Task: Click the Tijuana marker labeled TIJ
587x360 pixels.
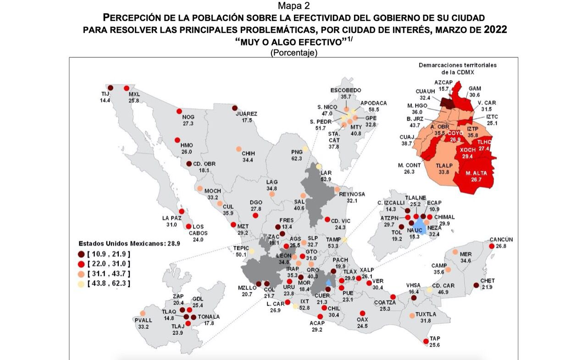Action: tap(110, 88)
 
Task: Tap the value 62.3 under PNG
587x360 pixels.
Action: tap(297, 159)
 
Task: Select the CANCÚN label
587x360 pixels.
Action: tap(501, 239)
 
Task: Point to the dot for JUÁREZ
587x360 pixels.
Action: tap(235, 108)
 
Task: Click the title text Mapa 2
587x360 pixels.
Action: tap(293, 6)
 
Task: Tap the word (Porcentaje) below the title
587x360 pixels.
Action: tap(293, 53)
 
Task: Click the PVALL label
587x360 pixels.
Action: tap(143, 320)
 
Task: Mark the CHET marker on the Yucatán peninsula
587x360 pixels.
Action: tap(476, 285)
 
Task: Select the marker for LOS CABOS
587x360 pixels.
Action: tap(188, 226)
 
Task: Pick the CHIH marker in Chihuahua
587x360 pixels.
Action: tap(238, 149)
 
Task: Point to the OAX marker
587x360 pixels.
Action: tap(362, 313)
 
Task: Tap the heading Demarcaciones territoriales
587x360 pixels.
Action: tap(457, 65)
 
